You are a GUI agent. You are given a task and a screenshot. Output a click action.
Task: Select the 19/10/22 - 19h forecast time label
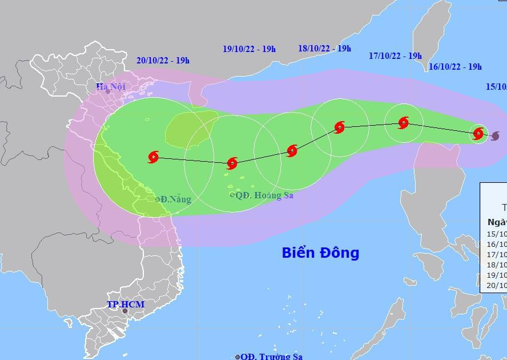(249, 49)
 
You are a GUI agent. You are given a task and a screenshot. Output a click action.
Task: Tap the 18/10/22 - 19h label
(324, 49)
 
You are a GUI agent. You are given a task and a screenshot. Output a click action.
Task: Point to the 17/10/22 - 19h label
(395, 56)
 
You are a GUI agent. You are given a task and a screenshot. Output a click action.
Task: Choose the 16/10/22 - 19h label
(454, 67)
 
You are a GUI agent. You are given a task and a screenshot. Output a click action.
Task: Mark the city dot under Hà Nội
(107, 91)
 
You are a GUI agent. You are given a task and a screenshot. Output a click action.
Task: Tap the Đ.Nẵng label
(176, 199)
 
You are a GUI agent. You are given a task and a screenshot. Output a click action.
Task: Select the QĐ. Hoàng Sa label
(264, 195)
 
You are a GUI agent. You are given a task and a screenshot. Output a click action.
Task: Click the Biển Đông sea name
(320, 253)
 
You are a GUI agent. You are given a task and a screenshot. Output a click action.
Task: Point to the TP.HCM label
(126, 305)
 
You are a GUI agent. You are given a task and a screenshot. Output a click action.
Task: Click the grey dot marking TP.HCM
(125, 311)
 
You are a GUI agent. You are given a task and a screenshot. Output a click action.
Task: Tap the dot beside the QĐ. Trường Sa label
(238, 357)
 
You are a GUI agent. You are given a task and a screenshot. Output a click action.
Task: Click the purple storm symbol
(495, 135)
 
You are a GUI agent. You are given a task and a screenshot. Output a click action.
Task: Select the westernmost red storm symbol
(154, 157)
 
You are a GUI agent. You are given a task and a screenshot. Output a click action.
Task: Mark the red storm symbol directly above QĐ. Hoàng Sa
(232, 163)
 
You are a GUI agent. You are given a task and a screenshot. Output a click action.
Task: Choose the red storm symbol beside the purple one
(478, 134)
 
